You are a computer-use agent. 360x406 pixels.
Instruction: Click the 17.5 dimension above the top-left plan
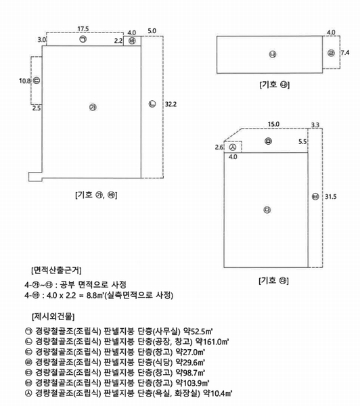[83, 28]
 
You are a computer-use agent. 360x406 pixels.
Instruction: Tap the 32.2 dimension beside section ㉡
[171, 104]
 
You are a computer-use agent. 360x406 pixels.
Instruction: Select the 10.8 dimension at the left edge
[24, 81]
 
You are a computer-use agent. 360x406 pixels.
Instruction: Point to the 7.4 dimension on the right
[345, 53]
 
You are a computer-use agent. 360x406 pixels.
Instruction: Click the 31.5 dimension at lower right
[331, 196]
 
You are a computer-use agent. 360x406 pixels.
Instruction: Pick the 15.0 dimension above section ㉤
[273, 125]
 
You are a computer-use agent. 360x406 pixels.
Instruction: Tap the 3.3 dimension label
[315, 125]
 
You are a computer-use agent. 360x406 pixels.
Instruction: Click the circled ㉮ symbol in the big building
[93, 107]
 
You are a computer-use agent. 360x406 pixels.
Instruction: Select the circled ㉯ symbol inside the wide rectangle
[273, 54]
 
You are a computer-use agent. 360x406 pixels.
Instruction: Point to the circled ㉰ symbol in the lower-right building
[267, 210]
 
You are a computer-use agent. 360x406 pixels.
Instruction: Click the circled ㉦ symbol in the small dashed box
[233, 148]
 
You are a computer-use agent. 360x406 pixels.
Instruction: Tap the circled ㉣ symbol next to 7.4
[331, 53]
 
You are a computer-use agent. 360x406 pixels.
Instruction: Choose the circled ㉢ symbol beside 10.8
[37, 81]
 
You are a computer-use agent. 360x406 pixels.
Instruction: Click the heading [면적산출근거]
[56, 270]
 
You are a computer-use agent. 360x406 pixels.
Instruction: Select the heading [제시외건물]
[53, 316]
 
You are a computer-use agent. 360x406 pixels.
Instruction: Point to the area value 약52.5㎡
[198, 331]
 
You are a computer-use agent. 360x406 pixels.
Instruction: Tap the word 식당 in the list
[162, 362]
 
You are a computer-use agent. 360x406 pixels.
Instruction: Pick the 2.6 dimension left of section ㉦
[219, 148]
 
